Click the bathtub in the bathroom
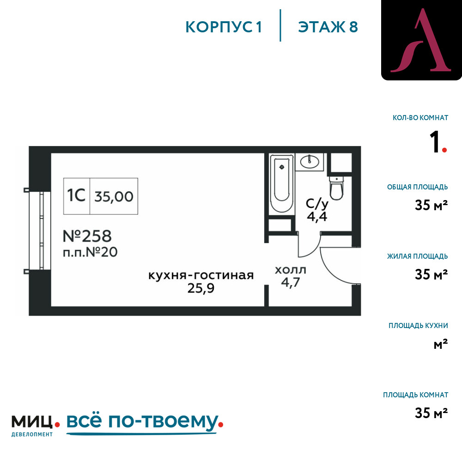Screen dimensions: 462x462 tap(282, 183)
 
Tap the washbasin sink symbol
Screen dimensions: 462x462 tap(310, 162)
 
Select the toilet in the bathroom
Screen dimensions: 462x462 tap(336, 188)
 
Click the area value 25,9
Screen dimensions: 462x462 tap(201, 288)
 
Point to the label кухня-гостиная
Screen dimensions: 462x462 tap(201, 275)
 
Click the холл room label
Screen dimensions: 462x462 tap(291, 270)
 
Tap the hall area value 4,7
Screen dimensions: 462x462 tap(291, 283)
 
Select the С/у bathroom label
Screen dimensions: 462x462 tap(317, 204)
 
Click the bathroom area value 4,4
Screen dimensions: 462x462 tap(317, 217)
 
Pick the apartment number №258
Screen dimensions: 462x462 tap(87, 236)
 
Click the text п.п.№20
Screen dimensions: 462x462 tap(90, 252)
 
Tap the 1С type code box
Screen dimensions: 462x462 tap(77, 196)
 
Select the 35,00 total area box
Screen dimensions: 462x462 tap(114, 196)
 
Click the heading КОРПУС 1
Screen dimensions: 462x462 tap(224, 27)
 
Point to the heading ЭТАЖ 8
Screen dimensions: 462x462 tap(328, 27)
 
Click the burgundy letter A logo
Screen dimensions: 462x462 tap(421, 40)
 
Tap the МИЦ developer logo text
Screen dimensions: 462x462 tap(32, 422)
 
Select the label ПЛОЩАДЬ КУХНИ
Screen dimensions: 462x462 tap(418, 326)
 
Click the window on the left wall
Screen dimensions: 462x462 tap(40, 231)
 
